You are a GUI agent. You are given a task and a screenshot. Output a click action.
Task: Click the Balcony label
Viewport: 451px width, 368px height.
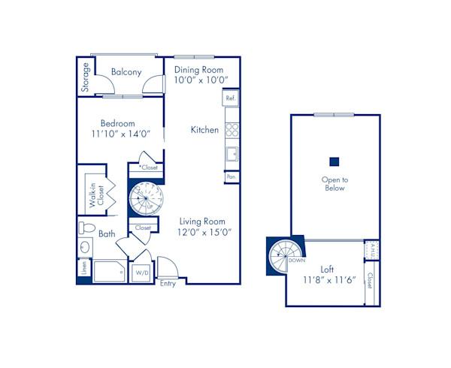point(126,72)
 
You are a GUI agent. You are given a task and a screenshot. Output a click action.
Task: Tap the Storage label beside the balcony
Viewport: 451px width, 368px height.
point(86,77)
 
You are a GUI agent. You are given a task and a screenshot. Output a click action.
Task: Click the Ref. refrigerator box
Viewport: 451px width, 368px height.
point(231,98)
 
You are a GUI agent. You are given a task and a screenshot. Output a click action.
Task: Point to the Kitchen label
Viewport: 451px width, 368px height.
point(204,130)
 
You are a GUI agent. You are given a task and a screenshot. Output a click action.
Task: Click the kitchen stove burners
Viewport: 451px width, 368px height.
point(232,130)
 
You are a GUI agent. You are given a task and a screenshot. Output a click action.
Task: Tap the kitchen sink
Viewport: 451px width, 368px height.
point(232,155)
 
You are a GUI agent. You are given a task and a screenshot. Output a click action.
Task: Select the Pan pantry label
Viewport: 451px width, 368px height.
point(231,177)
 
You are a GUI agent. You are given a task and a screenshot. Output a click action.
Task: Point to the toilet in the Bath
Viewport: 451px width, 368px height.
point(86,227)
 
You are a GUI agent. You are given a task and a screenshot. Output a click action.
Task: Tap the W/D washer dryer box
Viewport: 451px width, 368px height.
point(142,273)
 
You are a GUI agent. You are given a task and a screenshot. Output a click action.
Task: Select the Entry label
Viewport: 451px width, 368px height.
point(168,283)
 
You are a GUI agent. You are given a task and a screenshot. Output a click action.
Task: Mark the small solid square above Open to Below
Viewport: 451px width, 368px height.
point(334,161)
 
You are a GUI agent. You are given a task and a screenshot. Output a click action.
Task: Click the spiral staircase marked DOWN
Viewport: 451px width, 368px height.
point(285,256)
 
